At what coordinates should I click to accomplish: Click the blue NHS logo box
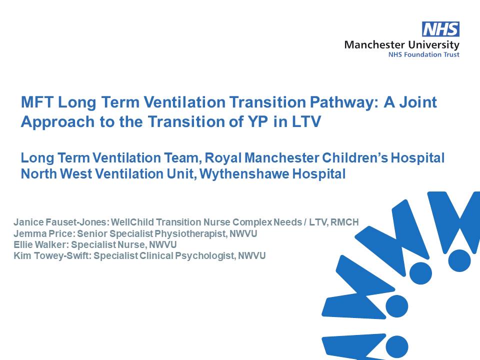(440, 29)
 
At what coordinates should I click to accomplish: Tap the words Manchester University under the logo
(401, 44)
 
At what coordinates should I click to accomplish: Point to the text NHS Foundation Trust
(423, 54)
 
